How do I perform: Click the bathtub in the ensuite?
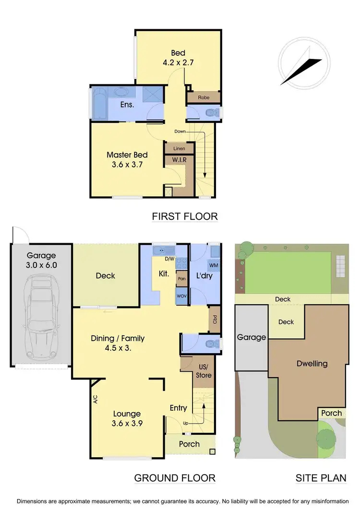(100, 104)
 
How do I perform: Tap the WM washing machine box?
(213, 265)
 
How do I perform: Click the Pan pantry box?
(181, 278)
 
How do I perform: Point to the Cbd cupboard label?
(215, 319)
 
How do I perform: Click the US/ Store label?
(204, 371)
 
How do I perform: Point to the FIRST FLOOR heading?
(185, 216)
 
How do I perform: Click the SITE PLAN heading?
(321, 478)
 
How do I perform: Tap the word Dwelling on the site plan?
(311, 364)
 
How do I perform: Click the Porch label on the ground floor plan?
(189, 444)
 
